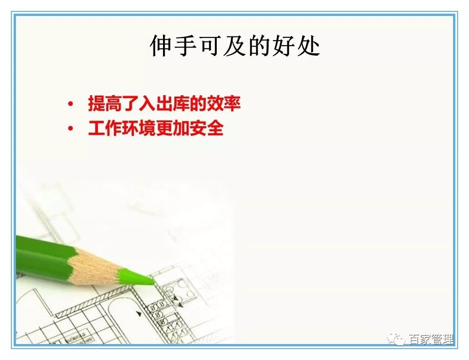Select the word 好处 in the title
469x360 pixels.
[296, 46]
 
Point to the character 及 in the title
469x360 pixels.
[234, 46]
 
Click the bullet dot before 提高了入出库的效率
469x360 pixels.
[70, 105]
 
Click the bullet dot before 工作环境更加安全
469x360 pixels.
[70, 129]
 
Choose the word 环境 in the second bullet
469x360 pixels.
[139, 129]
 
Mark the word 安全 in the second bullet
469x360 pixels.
[207, 129]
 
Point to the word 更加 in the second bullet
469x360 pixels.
[173, 129]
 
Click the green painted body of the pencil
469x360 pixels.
[41, 255]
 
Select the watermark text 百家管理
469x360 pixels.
[430, 340]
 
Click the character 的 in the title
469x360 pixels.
[259, 46]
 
